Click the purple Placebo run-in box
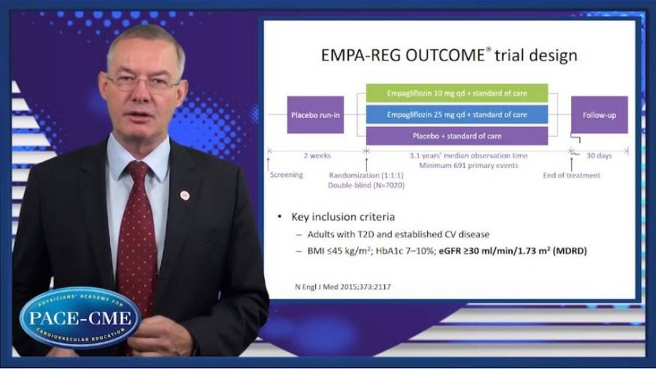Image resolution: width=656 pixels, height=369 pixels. tap(315, 115)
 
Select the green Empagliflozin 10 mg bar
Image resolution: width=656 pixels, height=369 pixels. tap(457, 93)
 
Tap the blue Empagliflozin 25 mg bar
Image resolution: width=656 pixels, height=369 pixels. tap(457, 115)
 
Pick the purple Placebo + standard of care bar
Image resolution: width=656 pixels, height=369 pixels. tap(457, 136)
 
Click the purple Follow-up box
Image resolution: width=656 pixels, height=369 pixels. tap(599, 115)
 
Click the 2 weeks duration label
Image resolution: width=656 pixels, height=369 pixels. tap(317, 156)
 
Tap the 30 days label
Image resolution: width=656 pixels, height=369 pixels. tap(599, 156)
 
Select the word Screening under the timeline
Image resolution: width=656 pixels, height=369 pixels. tap(286, 175)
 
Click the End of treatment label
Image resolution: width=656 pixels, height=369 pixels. tap(571, 175)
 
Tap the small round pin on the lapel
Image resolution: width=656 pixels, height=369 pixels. tap(184, 195)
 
